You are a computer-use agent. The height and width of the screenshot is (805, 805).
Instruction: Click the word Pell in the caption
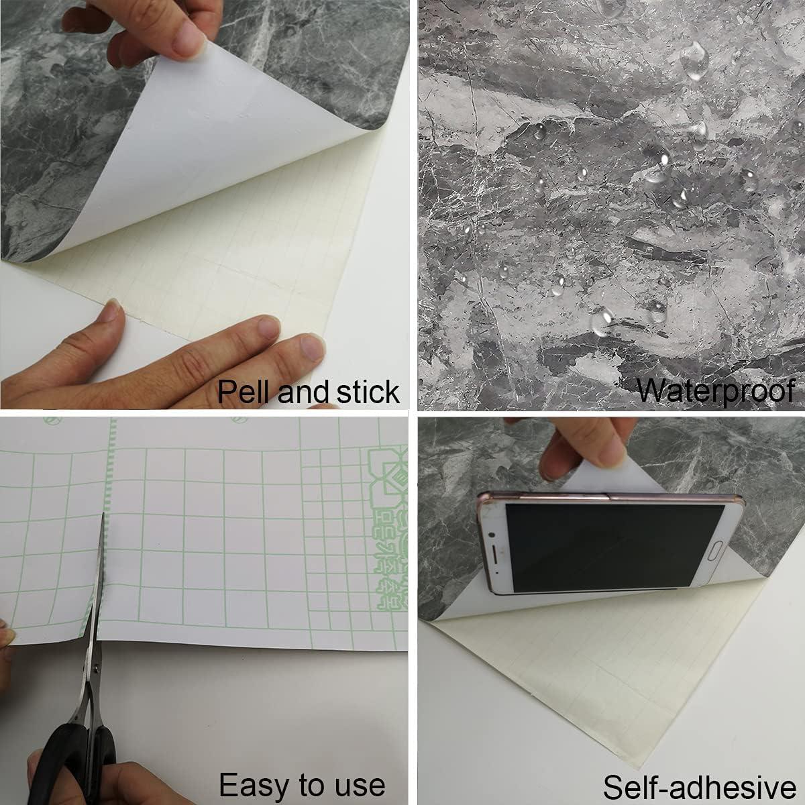(x=244, y=391)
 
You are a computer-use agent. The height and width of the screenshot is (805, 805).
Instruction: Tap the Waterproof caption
(x=714, y=390)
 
